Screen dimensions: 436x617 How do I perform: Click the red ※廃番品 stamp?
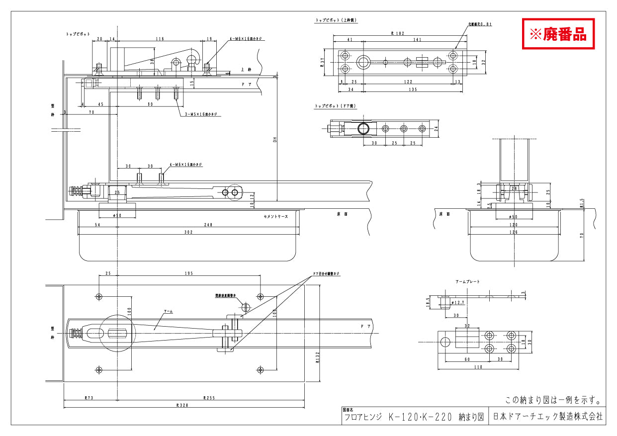click(x=558, y=34)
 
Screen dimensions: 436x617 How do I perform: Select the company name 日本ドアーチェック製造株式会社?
click(x=547, y=417)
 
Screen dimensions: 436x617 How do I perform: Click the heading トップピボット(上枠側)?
click(x=336, y=20)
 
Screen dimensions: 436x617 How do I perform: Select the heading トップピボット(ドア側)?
click(x=336, y=106)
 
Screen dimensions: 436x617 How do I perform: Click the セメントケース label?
click(x=276, y=217)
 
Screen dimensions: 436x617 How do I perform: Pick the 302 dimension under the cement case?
click(x=188, y=232)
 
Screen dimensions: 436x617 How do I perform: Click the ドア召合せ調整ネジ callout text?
click(x=326, y=273)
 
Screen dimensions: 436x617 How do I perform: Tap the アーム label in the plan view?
click(x=169, y=311)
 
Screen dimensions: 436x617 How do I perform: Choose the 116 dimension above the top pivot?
click(x=160, y=38)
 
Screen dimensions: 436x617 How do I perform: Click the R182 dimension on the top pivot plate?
click(x=397, y=33)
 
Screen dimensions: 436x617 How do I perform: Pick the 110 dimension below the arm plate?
click(x=479, y=367)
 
